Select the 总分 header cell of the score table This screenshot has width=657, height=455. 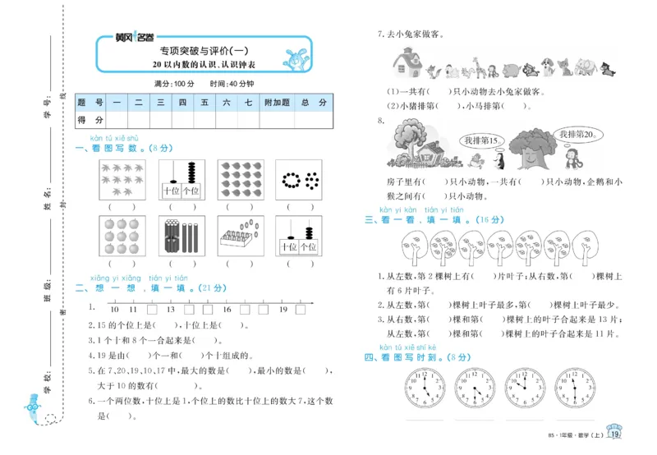point(314,103)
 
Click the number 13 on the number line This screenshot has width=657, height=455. point(170,310)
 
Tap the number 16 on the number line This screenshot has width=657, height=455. point(226,310)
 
